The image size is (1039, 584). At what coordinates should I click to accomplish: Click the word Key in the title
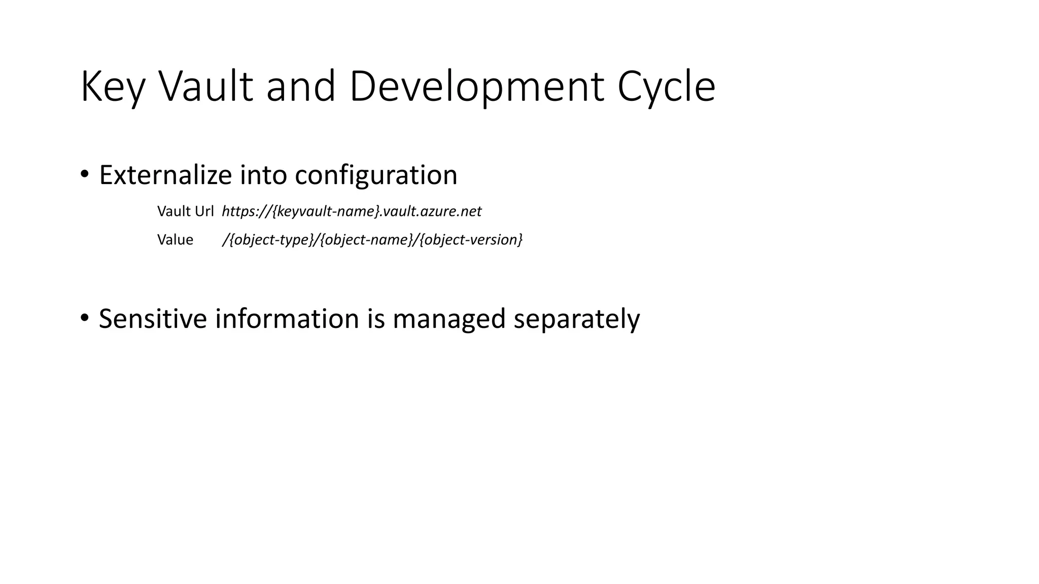click(x=113, y=87)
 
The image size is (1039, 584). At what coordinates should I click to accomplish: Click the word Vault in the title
click(x=205, y=87)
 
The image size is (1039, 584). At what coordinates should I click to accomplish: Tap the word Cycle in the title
click(x=666, y=87)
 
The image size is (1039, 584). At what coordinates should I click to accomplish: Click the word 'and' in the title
click(x=301, y=87)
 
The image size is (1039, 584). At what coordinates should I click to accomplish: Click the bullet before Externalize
click(x=85, y=175)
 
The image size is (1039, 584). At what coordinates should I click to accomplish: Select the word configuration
click(x=376, y=175)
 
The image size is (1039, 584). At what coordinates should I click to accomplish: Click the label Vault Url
click(x=185, y=211)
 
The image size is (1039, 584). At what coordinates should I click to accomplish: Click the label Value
click(x=175, y=240)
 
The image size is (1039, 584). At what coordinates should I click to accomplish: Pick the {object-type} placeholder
click(x=271, y=240)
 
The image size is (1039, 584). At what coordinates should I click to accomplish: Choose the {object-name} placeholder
click(x=367, y=240)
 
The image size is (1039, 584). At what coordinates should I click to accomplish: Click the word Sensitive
click(x=153, y=319)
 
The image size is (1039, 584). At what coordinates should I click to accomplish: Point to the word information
click(x=287, y=319)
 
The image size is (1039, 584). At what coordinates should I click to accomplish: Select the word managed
click(x=448, y=319)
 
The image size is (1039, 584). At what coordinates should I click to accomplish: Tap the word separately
click(x=576, y=319)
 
